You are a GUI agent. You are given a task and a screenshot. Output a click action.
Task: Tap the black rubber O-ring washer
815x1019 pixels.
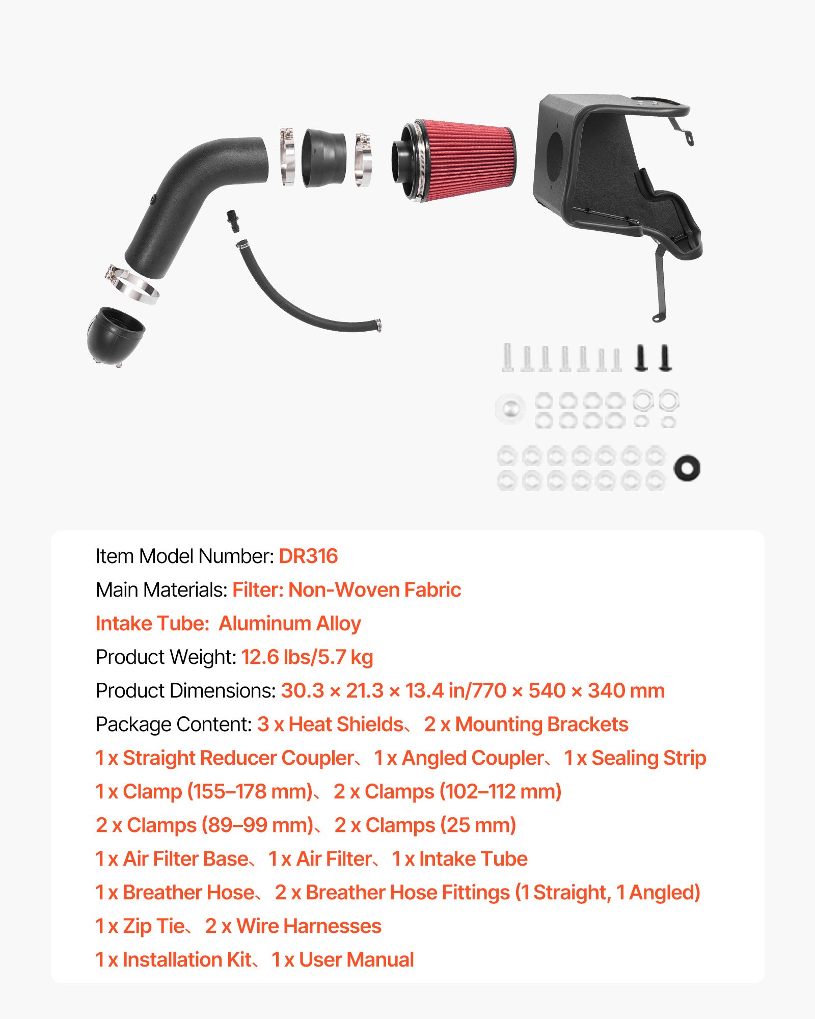coord(687,468)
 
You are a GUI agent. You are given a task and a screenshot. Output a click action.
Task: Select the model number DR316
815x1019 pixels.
coord(308,556)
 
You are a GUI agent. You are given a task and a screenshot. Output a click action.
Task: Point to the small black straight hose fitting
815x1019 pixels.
coord(232,221)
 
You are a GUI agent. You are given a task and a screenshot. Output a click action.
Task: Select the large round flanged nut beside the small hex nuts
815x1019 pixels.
coord(510,408)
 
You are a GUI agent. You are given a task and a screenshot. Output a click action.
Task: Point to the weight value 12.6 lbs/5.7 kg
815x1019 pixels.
coord(307,657)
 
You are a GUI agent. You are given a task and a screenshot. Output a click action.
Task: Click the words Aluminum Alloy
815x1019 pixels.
coord(290,623)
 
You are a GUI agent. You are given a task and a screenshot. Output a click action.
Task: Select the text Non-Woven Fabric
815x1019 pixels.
coord(374,589)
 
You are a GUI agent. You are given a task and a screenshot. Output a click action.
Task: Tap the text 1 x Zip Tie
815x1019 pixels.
coord(140,926)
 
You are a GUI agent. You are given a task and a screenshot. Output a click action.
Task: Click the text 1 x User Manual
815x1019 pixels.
coord(343,959)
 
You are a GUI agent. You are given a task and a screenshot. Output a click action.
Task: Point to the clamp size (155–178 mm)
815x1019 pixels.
coord(250,791)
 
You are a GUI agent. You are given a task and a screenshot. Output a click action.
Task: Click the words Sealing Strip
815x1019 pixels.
coord(648,758)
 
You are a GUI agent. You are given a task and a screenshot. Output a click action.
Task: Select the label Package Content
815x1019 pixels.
coord(173,724)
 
